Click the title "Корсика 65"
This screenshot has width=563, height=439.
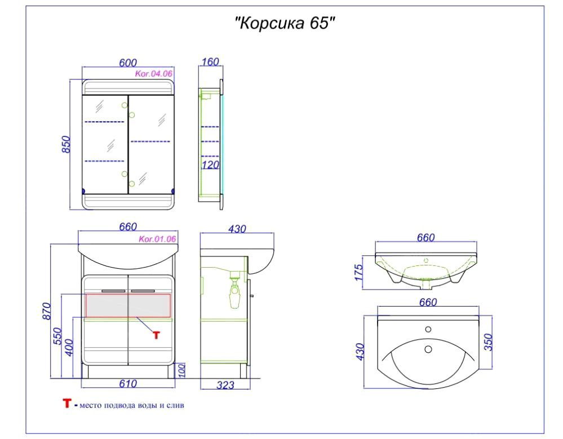coord(285,24)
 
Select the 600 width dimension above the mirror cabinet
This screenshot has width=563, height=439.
coord(128,63)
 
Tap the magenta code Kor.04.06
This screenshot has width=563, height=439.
coord(154,74)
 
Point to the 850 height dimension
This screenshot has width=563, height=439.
coord(67,144)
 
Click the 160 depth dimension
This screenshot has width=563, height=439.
coord(210,62)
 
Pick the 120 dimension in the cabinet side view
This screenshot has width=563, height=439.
coord(210,165)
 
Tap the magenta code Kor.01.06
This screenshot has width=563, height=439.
coord(157,239)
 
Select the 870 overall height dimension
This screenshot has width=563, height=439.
coord(47,311)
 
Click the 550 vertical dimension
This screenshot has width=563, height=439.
coord(58,336)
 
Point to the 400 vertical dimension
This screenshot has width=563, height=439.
coord(70,348)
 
